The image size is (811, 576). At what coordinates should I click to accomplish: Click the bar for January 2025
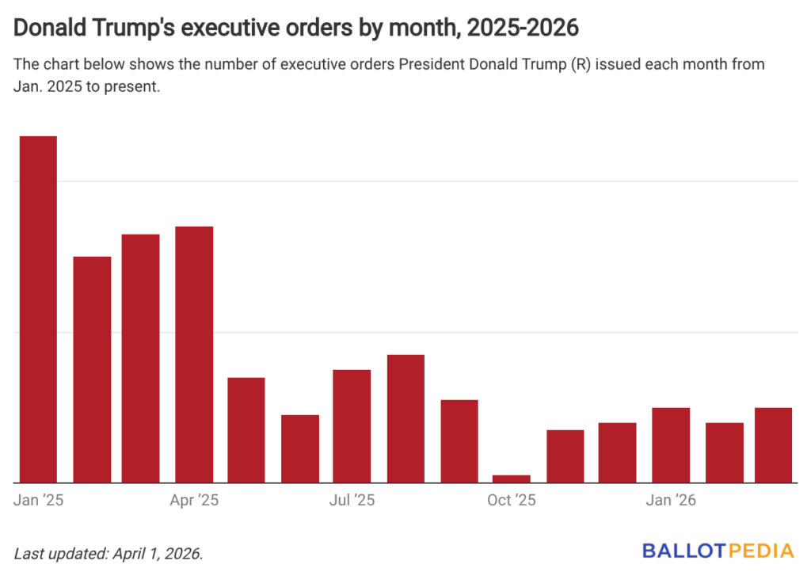[38, 309]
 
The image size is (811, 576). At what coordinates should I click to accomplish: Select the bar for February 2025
[92, 369]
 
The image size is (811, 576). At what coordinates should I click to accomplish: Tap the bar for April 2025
[194, 354]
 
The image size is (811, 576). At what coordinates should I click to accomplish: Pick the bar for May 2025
[246, 430]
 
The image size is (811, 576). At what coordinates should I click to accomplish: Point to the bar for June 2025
[300, 448]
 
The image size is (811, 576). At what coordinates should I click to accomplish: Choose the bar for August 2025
[405, 418]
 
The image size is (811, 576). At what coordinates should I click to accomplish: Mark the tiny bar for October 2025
[511, 479]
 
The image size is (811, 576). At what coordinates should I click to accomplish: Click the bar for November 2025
[565, 456]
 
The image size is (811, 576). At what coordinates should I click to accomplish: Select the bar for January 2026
[671, 445]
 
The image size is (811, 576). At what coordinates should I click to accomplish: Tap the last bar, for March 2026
[773, 445]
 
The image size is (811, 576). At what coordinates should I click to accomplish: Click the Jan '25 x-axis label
[39, 500]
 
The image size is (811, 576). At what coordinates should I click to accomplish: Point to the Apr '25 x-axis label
[195, 500]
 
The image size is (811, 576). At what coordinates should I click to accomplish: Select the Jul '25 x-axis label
[352, 500]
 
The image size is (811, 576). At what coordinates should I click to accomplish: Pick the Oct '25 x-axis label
[512, 500]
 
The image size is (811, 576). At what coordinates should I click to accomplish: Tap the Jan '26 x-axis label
[671, 500]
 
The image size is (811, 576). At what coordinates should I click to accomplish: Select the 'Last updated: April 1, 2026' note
[109, 552]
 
